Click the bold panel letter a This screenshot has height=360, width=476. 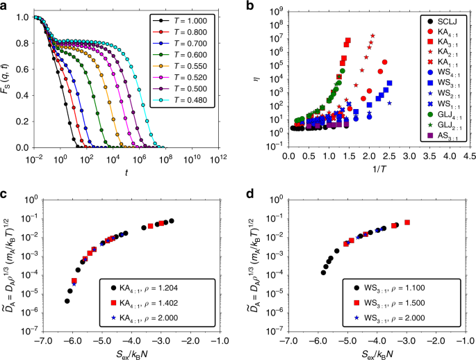tap(4, 5)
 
